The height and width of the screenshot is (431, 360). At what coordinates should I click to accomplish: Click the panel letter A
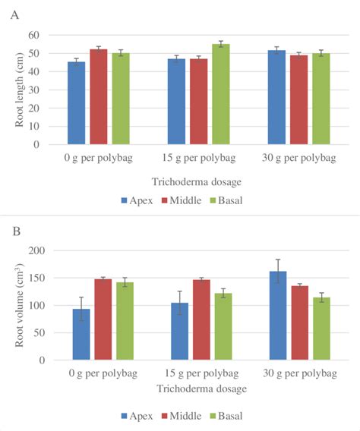click(14, 14)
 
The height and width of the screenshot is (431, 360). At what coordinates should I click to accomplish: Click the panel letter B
click(14, 229)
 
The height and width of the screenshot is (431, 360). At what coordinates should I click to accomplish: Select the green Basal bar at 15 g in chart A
click(221, 94)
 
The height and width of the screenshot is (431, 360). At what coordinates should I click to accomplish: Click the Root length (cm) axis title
click(19, 90)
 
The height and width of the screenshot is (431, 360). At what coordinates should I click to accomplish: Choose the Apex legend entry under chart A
click(137, 200)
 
